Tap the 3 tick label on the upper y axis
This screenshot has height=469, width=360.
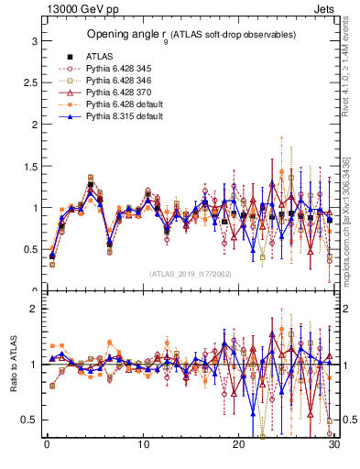[34, 41]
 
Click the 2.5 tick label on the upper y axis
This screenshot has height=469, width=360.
[30, 83]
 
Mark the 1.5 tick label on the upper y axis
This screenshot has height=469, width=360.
[30, 167]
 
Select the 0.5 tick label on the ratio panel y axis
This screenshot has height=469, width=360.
[30, 420]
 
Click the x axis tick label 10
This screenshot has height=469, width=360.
[143, 445]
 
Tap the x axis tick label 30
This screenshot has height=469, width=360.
[335, 445]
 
